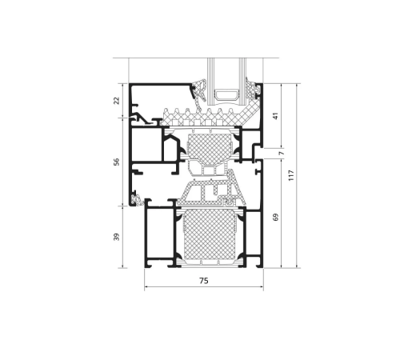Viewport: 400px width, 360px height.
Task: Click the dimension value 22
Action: (x=117, y=101)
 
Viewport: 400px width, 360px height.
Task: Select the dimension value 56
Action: (x=117, y=162)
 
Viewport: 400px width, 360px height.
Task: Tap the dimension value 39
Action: (x=117, y=237)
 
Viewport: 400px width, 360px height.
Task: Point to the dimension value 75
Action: (x=203, y=281)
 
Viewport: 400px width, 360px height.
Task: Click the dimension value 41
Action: (x=276, y=116)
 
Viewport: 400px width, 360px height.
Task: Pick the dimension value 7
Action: (x=282, y=153)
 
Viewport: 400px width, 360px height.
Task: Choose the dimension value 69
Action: (x=276, y=217)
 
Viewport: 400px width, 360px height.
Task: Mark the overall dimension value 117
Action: (x=291, y=175)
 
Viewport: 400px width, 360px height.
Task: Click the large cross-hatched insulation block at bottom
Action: (x=209, y=234)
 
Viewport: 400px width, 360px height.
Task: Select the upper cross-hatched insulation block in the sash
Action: (x=210, y=147)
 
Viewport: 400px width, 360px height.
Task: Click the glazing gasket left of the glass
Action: (x=198, y=91)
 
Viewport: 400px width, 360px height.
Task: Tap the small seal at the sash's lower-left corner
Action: (x=137, y=199)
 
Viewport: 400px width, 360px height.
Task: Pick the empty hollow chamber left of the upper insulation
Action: (x=146, y=145)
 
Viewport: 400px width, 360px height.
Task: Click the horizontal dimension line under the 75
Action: (x=204, y=287)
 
